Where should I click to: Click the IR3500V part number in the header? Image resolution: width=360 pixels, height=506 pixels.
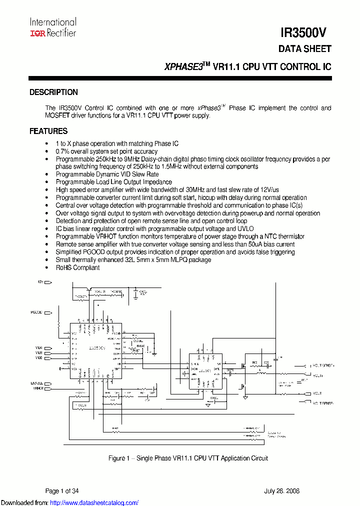coord(304,33)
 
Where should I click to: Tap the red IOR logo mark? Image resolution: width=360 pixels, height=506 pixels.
coord(37,33)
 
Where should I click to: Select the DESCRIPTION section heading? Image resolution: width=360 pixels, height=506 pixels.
coord(53,92)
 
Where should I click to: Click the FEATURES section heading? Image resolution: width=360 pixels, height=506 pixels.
coord(48,131)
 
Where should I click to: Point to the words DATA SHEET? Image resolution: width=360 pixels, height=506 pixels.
coord(304,49)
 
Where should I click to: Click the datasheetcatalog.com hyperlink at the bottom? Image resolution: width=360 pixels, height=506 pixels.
coord(94,502)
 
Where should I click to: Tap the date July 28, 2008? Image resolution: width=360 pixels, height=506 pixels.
coord(282,491)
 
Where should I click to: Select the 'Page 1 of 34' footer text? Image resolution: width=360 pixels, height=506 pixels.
coord(62,491)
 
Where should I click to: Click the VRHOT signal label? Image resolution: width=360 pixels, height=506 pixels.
coord(38,388)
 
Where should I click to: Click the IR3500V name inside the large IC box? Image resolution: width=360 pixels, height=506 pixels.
coord(96,346)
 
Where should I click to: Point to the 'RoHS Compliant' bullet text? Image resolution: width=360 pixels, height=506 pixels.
coord(77,267)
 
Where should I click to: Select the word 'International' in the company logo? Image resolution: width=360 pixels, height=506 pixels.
coord(53,22)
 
